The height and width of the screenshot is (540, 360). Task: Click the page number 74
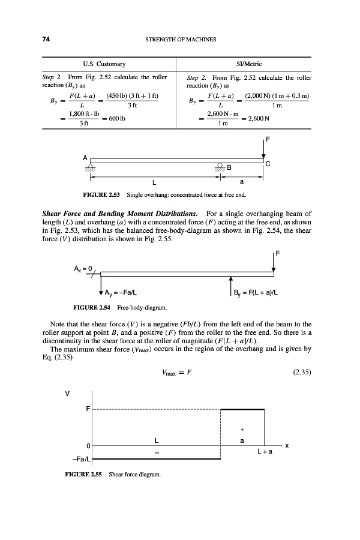[45, 40]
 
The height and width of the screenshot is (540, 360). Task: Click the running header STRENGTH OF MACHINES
[181, 40]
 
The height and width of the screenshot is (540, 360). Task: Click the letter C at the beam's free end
[268, 163]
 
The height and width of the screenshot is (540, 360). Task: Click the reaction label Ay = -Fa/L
[122, 292]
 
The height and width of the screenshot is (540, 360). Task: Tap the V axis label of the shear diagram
[67, 394]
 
